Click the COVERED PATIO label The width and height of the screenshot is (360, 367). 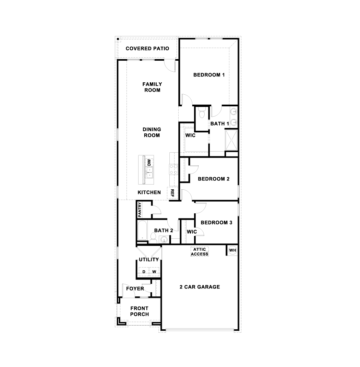click(147, 48)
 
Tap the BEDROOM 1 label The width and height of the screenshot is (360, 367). click(209, 75)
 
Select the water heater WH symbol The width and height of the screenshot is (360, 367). click(232, 250)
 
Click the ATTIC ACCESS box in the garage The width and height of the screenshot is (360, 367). click(200, 252)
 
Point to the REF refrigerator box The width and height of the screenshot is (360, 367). click(172, 193)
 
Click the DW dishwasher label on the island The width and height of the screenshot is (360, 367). click(149, 162)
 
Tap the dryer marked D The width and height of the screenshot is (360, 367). click(144, 272)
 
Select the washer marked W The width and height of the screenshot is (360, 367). click(154, 272)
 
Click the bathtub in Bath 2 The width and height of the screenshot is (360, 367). click(142, 230)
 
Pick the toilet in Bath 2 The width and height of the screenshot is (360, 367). click(154, 238)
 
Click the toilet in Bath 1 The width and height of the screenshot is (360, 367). click(201, 113)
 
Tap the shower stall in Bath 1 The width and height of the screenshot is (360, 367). click(231, 140)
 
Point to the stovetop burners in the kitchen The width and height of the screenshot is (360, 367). click(174, 169)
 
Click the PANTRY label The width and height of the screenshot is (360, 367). click(140, 210)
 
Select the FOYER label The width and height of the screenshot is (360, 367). click(135, 288)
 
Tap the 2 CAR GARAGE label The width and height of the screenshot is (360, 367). click(200, 287)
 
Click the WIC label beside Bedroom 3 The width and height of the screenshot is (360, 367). click(192, 232)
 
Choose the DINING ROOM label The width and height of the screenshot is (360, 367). click(152, 132)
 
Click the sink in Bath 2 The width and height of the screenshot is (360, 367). click(164, 240)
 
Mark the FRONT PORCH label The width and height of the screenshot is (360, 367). click(140, 311)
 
